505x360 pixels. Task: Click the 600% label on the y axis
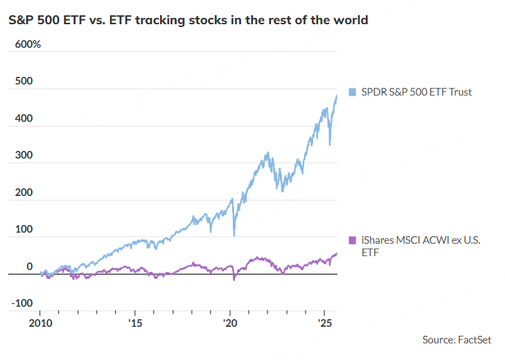[25, 44]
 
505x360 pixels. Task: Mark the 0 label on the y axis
[29, 267]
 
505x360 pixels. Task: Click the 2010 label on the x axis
[41, 323]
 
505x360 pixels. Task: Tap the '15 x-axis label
[135, 323]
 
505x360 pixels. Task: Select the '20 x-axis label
[229, 323]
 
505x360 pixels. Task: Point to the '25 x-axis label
[324, 323]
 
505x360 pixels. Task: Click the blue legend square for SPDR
[351, 91]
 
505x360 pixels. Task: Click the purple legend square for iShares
[351, 240]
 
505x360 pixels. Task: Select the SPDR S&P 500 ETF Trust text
[415, 91]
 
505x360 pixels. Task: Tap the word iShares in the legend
[376, 240]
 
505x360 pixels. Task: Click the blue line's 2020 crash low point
[233, 235]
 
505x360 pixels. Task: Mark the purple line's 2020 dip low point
[233, 280]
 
